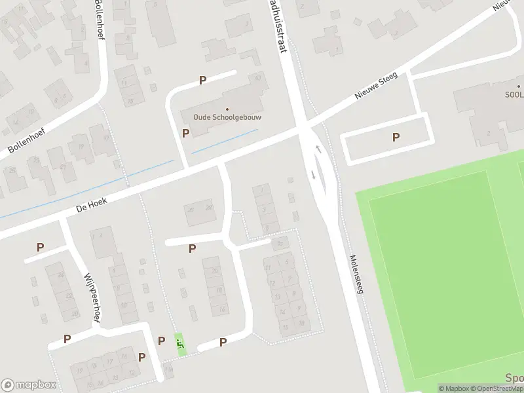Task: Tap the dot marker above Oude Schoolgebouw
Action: (x=227, y=109)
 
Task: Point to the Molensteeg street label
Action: (x=356, y=273)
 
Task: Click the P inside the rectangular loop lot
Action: (x=395, y=137)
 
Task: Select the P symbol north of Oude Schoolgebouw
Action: (x=202, y=80)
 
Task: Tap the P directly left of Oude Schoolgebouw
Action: (x=185, y=133)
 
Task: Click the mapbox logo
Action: (x=28, y=385)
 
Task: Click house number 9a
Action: (x=280, y=244)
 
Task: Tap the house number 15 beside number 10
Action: (x=285, y=327)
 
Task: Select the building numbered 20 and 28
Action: (x=200, y=210)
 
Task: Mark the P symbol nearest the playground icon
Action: (x=161, y=341)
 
